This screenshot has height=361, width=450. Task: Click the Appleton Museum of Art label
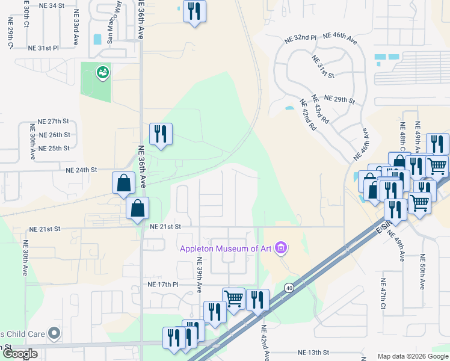[225, 248]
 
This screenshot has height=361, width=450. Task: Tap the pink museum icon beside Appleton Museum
[280, 247]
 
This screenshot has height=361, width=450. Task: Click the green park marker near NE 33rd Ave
[102, 73]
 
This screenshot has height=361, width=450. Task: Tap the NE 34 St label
[51, 5]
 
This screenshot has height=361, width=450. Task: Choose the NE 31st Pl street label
[44, 48]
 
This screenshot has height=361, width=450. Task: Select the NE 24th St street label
[81, 170]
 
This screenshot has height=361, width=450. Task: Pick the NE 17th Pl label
[163, 283]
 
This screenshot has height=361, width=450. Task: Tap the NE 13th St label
[314, 352]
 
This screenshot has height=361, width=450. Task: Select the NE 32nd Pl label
[300, 38]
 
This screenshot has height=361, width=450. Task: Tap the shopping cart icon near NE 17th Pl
[233, 297]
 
